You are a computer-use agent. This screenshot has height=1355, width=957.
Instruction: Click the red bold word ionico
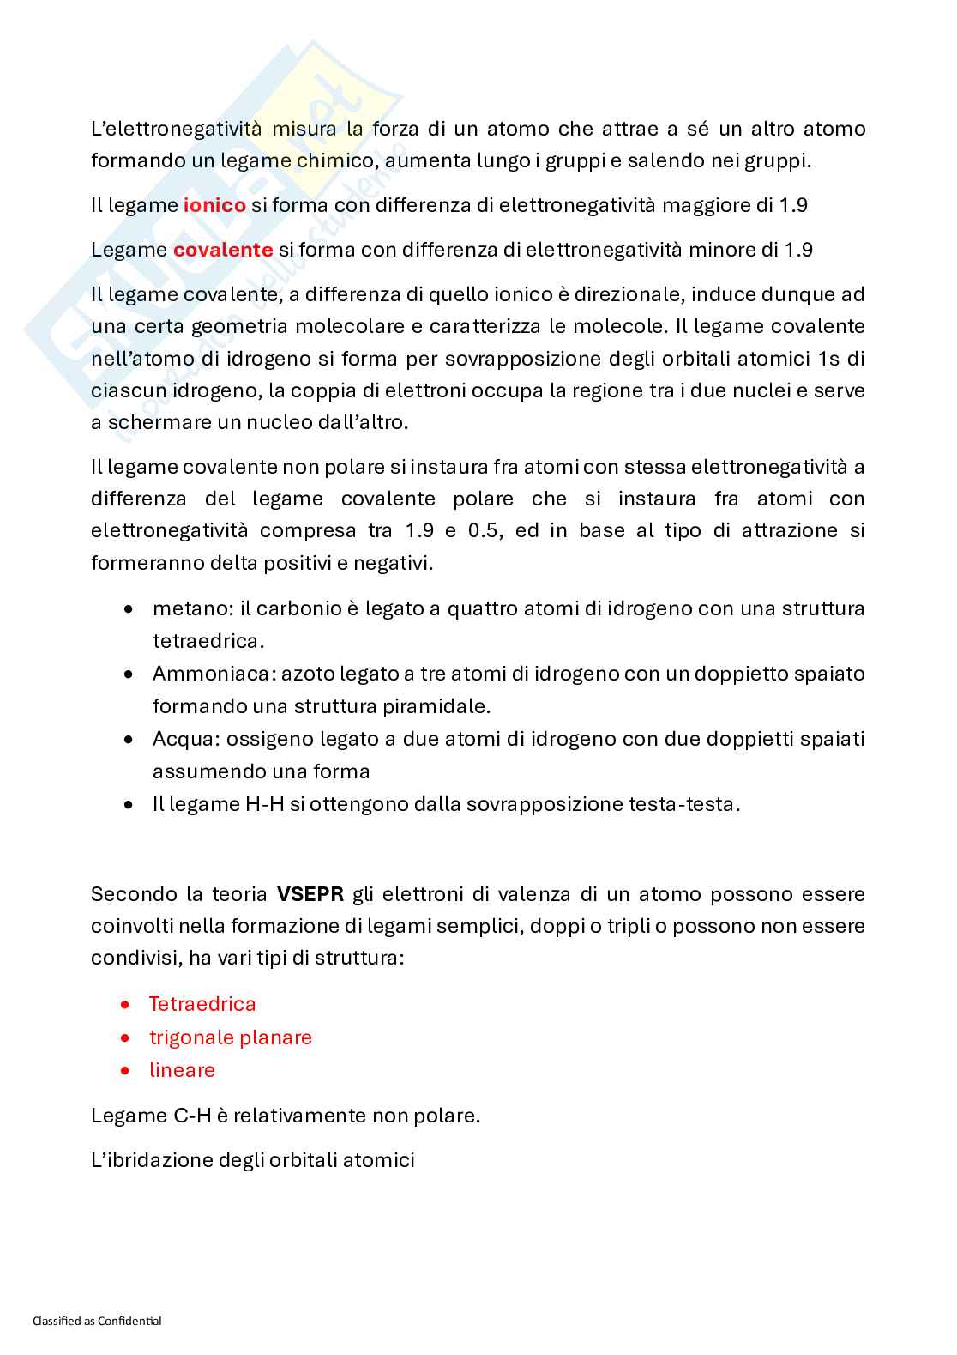pyautogui.click(x=214, y=205)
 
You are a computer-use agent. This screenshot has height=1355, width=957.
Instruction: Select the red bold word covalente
pyautogui.click(x=223, y=250)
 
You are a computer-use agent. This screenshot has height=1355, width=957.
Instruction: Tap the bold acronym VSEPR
pyautogui.click(x=310, y=894)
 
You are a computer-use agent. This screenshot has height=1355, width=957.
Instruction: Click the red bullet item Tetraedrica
pyautogui.click(x=202, y=1004)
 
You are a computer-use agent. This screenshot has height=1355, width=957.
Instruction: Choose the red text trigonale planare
pyautogui.click(x=230, y=1037)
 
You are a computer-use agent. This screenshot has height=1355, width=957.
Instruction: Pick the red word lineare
pyautogui.click(x=182, y=1070)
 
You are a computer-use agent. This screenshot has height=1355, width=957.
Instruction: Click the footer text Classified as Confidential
pyautogui.click(x=97, y=1321)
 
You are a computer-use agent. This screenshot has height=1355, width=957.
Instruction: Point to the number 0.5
pyautogui.click(x=484, y=530)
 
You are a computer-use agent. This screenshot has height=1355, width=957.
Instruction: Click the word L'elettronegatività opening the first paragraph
pyautogui.click(x=176, y=129)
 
